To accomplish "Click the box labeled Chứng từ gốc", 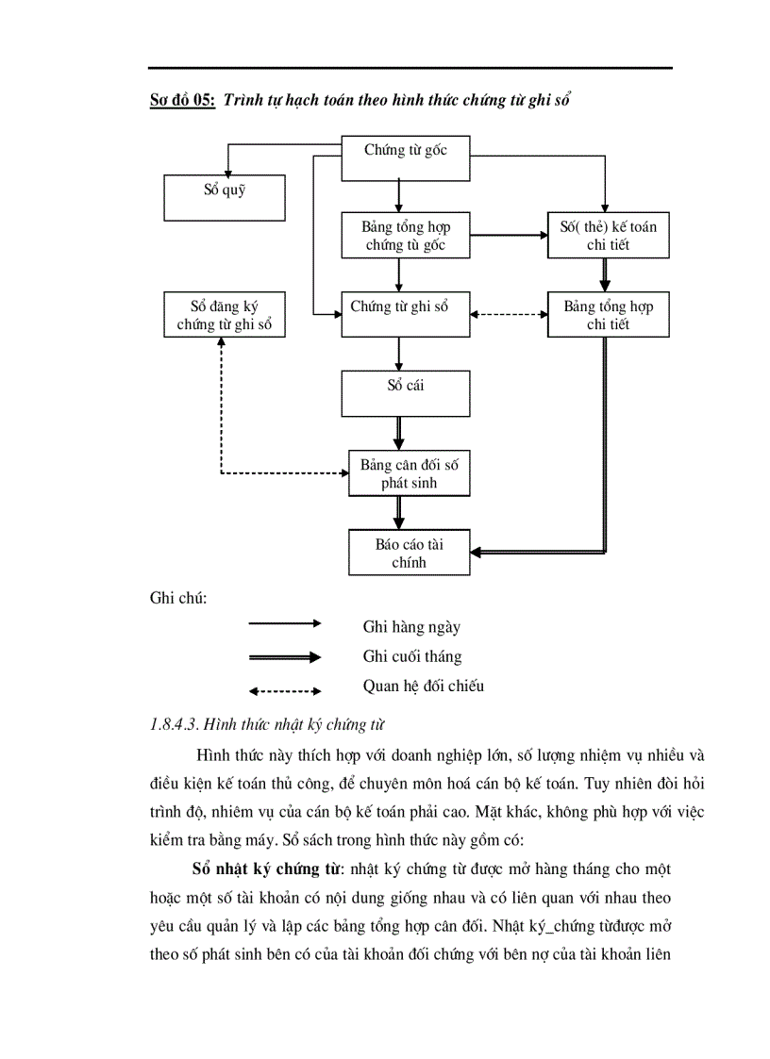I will click(406, 158).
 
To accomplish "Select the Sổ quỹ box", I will click(225, 197).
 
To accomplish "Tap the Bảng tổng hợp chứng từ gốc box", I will click(406, 236).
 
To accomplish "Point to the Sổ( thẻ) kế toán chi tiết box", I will click(609, 236).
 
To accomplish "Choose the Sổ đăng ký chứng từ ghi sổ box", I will click(225, 315).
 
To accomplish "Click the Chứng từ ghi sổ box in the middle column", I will click(406, 315).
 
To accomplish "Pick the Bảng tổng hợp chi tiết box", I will click(609, 315).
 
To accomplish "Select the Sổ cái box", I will click(406, 393).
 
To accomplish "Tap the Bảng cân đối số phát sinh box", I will click(406, 473).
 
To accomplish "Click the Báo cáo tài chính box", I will click(409, 553).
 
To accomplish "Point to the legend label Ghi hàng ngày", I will click(411, 626).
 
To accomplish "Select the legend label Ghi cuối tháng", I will click(412, 656).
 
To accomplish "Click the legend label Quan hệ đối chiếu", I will click(423, 687).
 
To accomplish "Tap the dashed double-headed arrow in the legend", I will click(284, 689).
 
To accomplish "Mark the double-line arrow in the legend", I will click(284, 656).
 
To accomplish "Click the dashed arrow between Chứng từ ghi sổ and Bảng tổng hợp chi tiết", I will click(509, 315).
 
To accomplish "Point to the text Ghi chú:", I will click(178, 598).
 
